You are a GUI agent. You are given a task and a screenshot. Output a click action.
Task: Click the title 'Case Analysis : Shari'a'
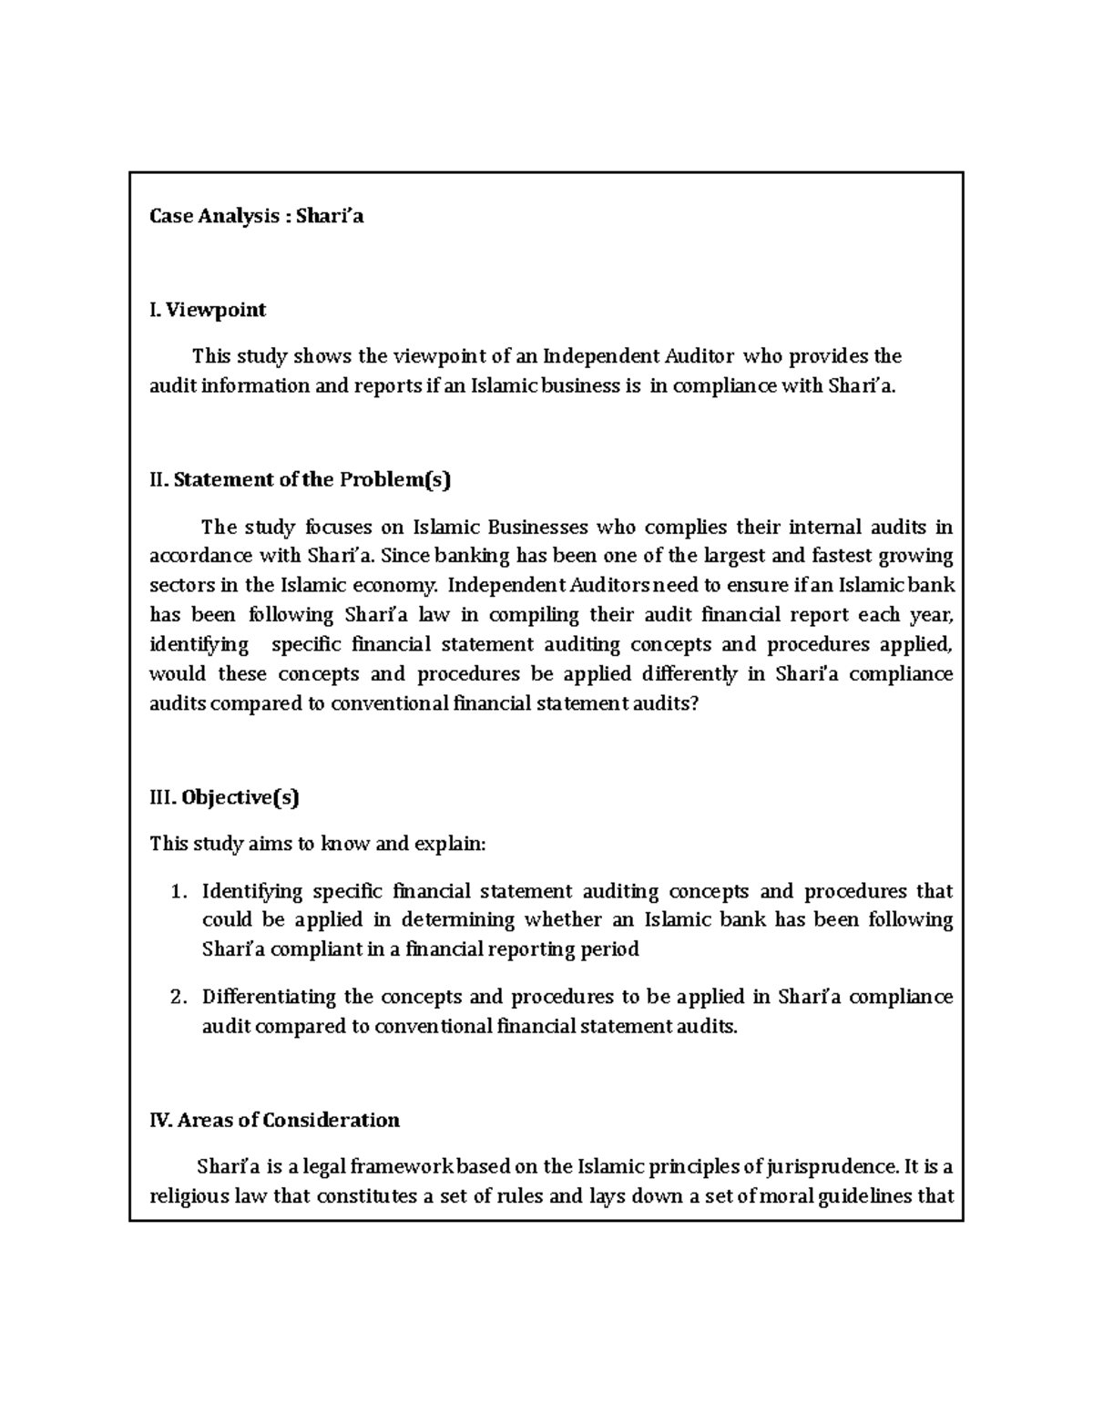(256, 216)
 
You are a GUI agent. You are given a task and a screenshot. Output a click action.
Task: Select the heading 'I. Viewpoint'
(208, 310)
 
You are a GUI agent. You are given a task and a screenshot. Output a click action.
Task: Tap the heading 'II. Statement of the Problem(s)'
(300, 479)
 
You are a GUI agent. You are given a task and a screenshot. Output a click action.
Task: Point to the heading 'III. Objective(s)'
(224, 797)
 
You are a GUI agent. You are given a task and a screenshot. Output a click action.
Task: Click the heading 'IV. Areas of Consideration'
(274, 1120)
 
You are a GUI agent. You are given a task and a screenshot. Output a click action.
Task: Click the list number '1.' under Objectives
(179, 891)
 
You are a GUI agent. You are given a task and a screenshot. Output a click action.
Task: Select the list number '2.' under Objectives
(179, 997)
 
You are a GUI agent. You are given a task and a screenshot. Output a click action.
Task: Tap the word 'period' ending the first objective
(610, 949)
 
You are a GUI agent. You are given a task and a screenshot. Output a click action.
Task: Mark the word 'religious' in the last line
(189, 1195)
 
